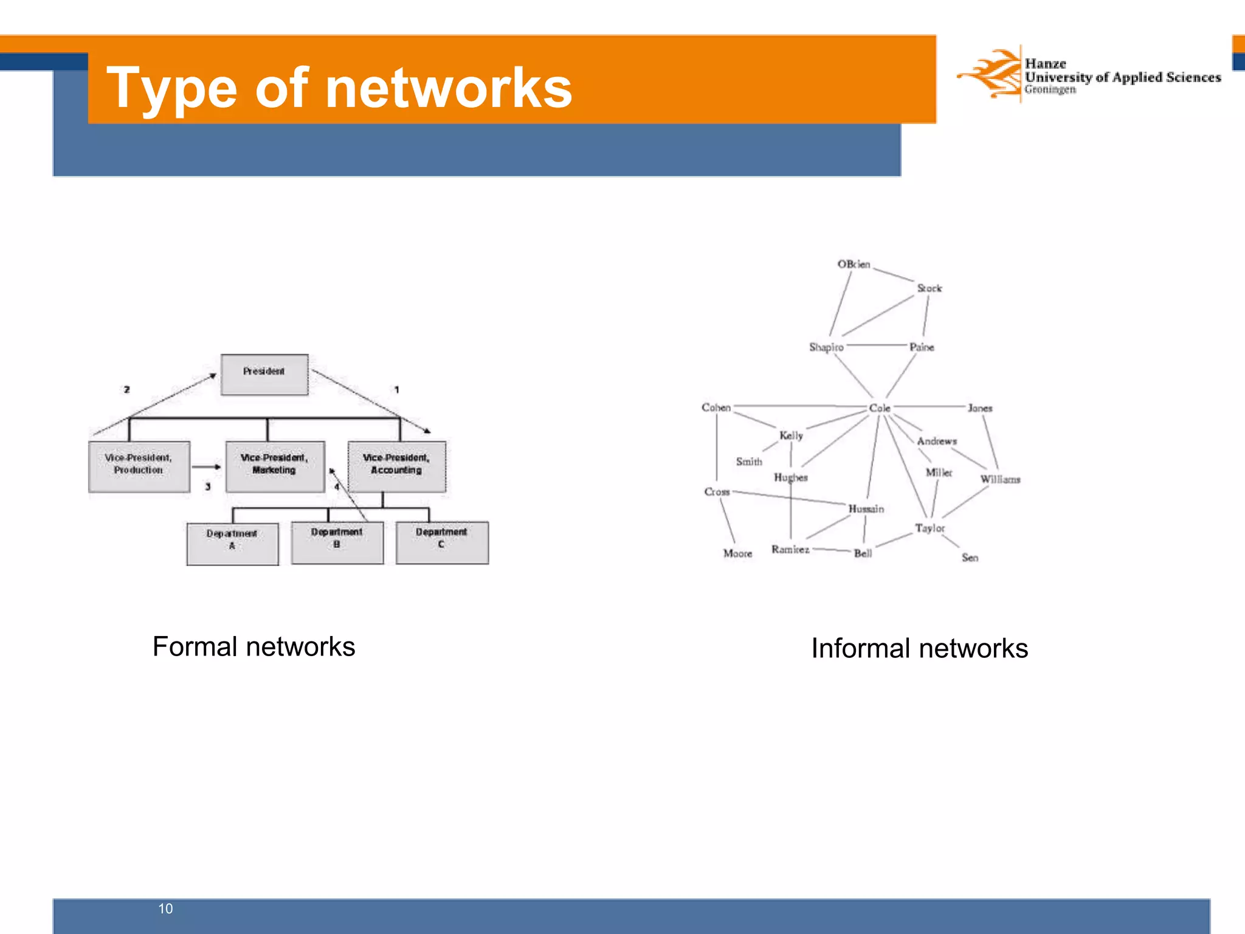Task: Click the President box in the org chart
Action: pyautogui.click(x=264, y=375)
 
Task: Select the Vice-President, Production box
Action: pyautogui.click(x=139, y=466)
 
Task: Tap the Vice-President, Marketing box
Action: pyautogui.click(x=275, y=466)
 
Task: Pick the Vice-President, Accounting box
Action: pyautogui.click(x=396, y=466)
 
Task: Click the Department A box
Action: pyautogui.click(x=232, y=544)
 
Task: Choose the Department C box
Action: pyautogui.click(x=442, y=542)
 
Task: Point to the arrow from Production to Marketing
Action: pyautogui.click(x=207, y=467)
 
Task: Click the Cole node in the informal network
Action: pyautogui.click(x=880, y=408)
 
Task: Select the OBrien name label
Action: pyautogui.click(x=854, y=265)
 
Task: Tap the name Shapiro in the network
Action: pyautogui.click(x=826, y=347)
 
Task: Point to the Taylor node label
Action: pyautogui.click(x=930, y=528)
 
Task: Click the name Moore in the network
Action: pyautogui.click(x=737, y=553)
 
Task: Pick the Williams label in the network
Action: pyautogui.click(x=1000, y=479)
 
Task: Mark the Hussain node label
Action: pyautogui.click(x=866, y=508)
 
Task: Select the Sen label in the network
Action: pyautogui.click(x=970, y=558)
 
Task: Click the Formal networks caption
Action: pyautogui.click(x=253, y=646)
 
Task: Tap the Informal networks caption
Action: pyautogui.click(x=919, y=648)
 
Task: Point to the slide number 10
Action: pyautogui.click(x=165, y=908)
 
